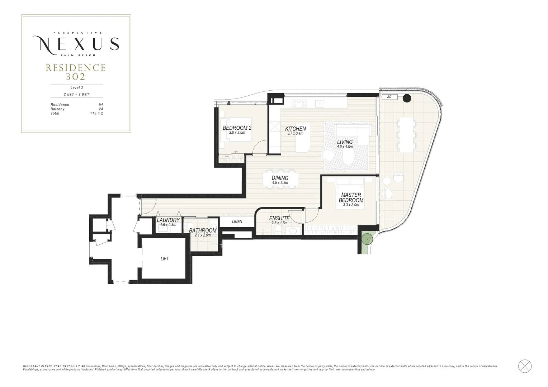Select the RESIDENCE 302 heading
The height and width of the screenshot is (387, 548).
(76, 72)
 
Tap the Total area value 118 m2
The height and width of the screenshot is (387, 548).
(96, 113)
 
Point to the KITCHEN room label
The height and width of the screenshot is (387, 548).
(296, 129)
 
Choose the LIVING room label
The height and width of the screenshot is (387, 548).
(345, 142)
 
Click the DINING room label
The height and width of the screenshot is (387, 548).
(280, 178)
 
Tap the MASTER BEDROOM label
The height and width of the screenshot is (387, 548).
(351, 198)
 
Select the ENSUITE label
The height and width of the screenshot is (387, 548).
(279, 218)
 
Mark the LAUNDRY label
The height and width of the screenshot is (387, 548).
(168, 220)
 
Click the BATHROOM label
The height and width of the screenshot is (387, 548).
(203, 230)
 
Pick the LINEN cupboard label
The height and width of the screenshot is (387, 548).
(237, 222)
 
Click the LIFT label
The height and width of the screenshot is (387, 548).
(165, 259)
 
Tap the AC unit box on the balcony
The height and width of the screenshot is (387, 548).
(389, 97)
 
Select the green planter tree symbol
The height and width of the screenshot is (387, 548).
(367, 238)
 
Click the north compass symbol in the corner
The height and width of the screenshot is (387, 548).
(525, 366)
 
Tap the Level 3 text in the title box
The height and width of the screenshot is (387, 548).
(76, 87)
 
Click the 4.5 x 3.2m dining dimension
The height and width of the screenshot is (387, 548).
(280, 183)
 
